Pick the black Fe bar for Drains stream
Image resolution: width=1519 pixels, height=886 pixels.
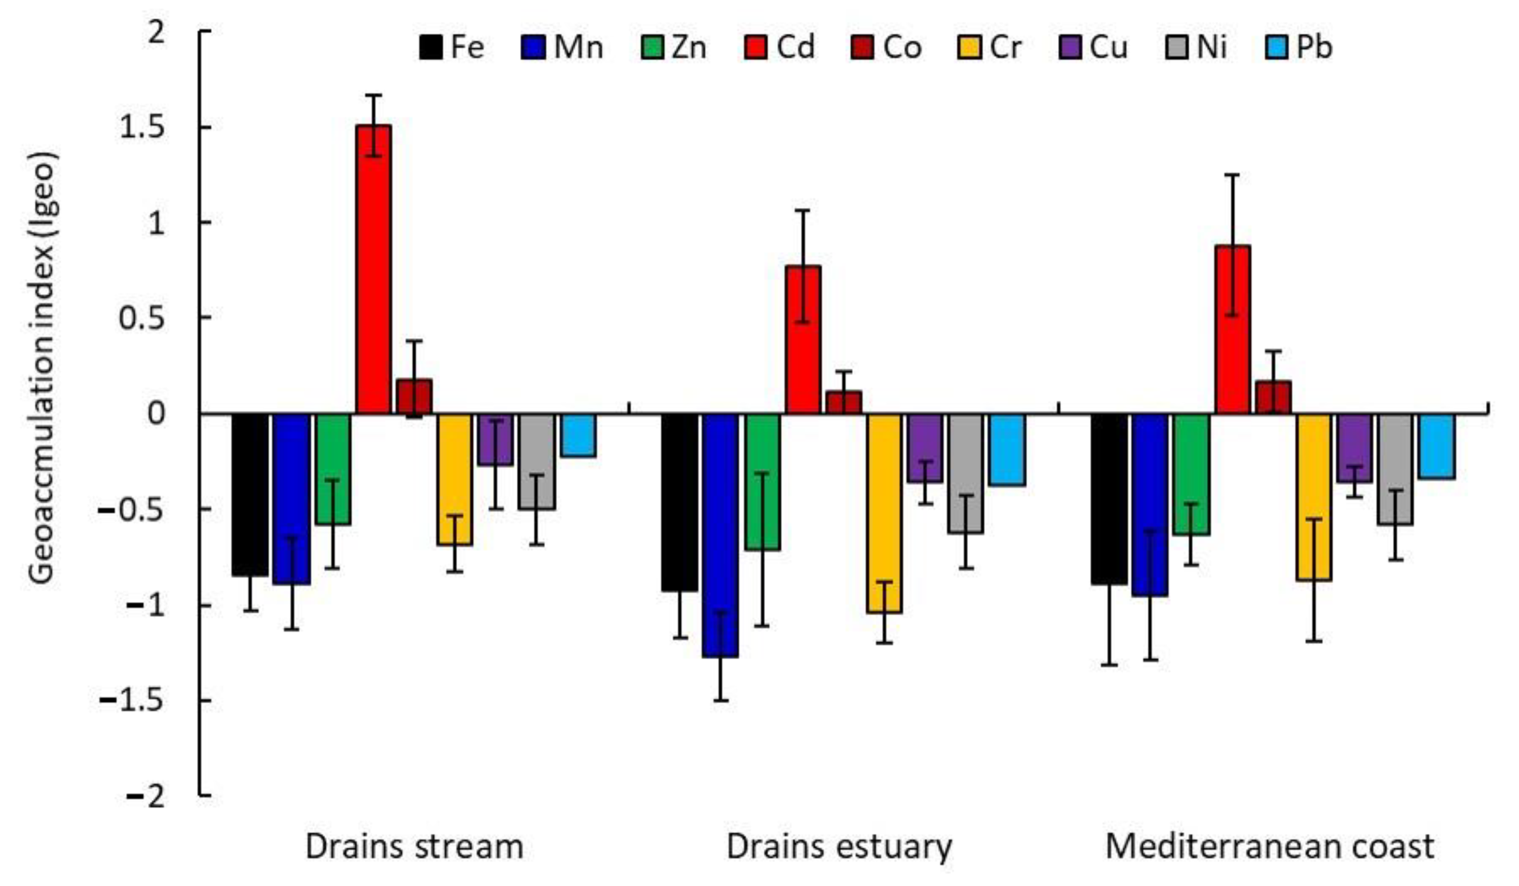pyautogui.click(x=250, y=494)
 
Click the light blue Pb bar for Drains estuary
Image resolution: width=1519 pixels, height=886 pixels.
pyautogui.click(x=1007, y=449)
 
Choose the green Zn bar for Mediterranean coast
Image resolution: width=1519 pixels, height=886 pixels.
pyautogui.click(x=1191, y=474)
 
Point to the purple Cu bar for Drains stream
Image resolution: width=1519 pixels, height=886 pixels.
pyautogui.click(x=496, y=439)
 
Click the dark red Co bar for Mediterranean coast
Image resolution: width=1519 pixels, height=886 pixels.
pyautogui.click(x=1273, y=397)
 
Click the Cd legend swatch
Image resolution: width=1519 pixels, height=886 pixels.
pyautogui.click(x=755, y=48)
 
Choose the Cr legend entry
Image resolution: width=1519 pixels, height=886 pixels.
pyautogui.click(x=989, y=48)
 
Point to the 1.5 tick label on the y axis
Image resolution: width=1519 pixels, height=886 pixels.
pyautogui.click(x=142, y=128)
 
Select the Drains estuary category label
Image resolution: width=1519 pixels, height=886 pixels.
pyautogui.click(x=839, y=847)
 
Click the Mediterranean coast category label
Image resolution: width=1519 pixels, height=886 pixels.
pyautogui.click(x=1269, y=847)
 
